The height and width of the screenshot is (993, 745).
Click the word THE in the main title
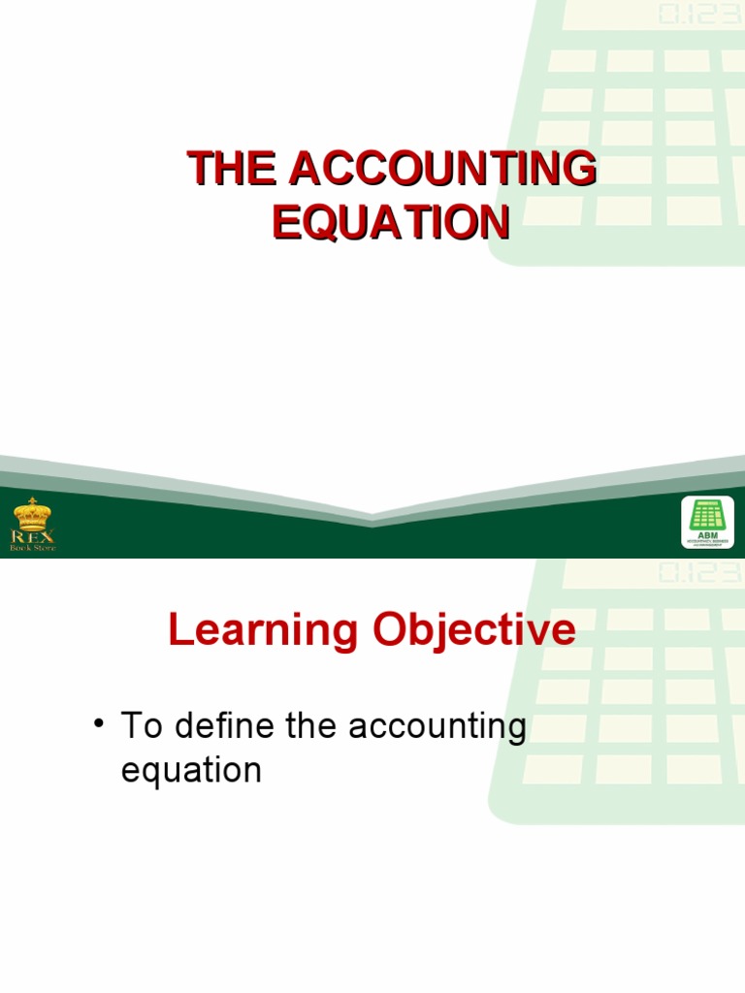tap(231, 170)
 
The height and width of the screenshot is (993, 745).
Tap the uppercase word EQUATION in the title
tap(391, 222)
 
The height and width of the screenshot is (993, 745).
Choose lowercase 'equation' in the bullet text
tap(191, 771)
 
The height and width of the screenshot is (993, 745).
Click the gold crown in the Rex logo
tap(33, 513)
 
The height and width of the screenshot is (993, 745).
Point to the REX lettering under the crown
tap(33, 535)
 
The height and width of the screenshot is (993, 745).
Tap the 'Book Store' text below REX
tap(33, 548)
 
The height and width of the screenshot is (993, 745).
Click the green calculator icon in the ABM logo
tap(707, 513)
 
